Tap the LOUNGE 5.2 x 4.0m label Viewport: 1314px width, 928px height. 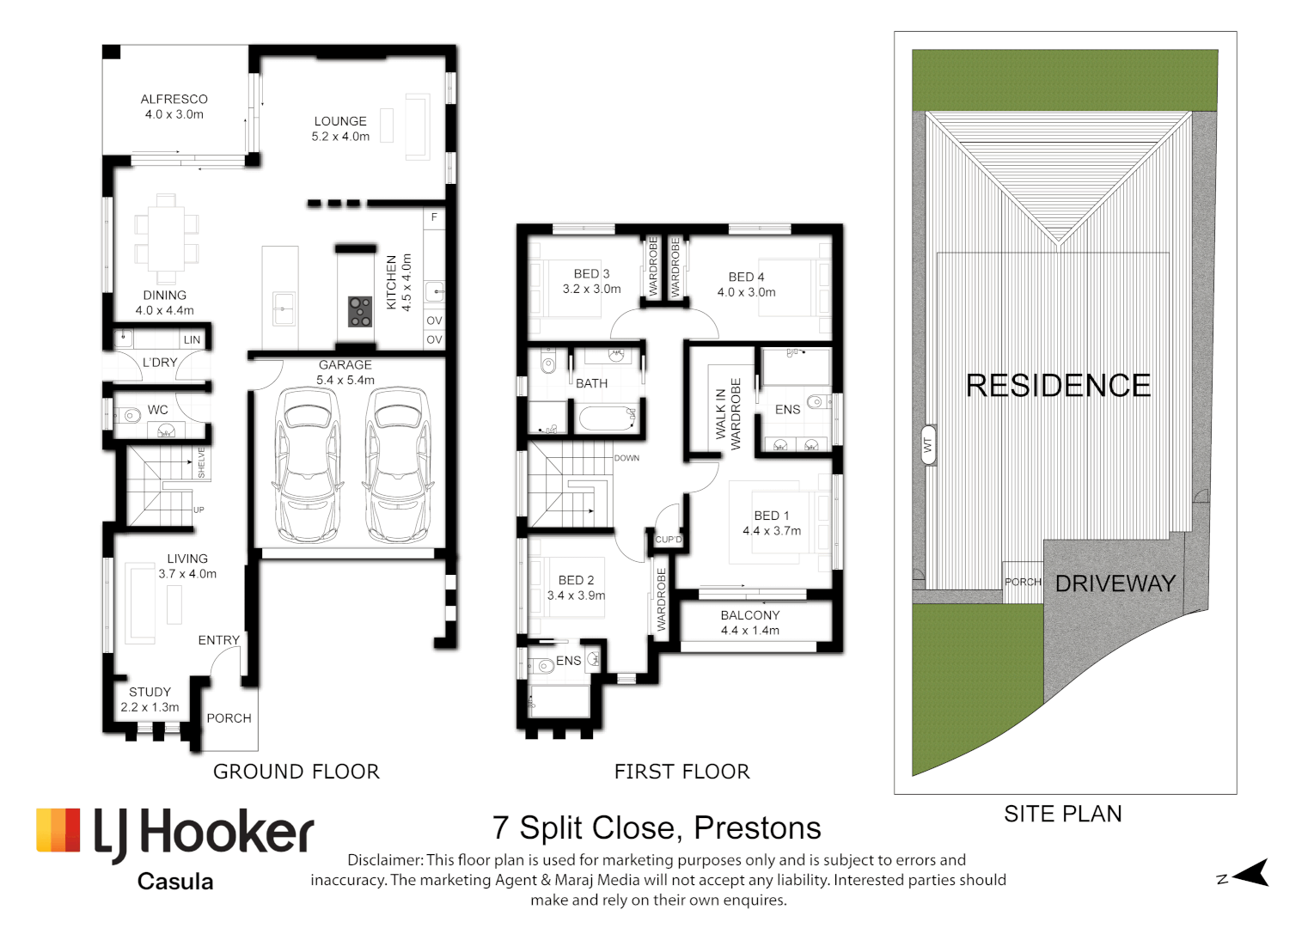coord(340,129)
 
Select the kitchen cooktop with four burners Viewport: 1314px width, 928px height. coord(360,311)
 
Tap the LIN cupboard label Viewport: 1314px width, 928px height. coord(192,339)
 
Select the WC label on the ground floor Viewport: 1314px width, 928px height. coord(158,410)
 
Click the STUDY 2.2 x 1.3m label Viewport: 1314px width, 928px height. coord(150,699)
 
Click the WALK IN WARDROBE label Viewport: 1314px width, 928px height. coord(728,414)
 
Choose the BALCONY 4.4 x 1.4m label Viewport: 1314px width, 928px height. coord(750,623)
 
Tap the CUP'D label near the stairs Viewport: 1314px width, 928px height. coord(669,540)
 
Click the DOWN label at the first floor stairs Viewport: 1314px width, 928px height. coord(626,458)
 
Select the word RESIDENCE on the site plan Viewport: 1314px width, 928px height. coord(1058,386)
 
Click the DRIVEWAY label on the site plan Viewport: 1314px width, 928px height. coord(1115,583)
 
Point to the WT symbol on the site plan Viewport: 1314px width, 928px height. coord(928,445)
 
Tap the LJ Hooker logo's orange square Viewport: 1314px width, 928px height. coord(58,830)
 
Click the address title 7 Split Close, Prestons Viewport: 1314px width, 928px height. coord(657,828)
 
